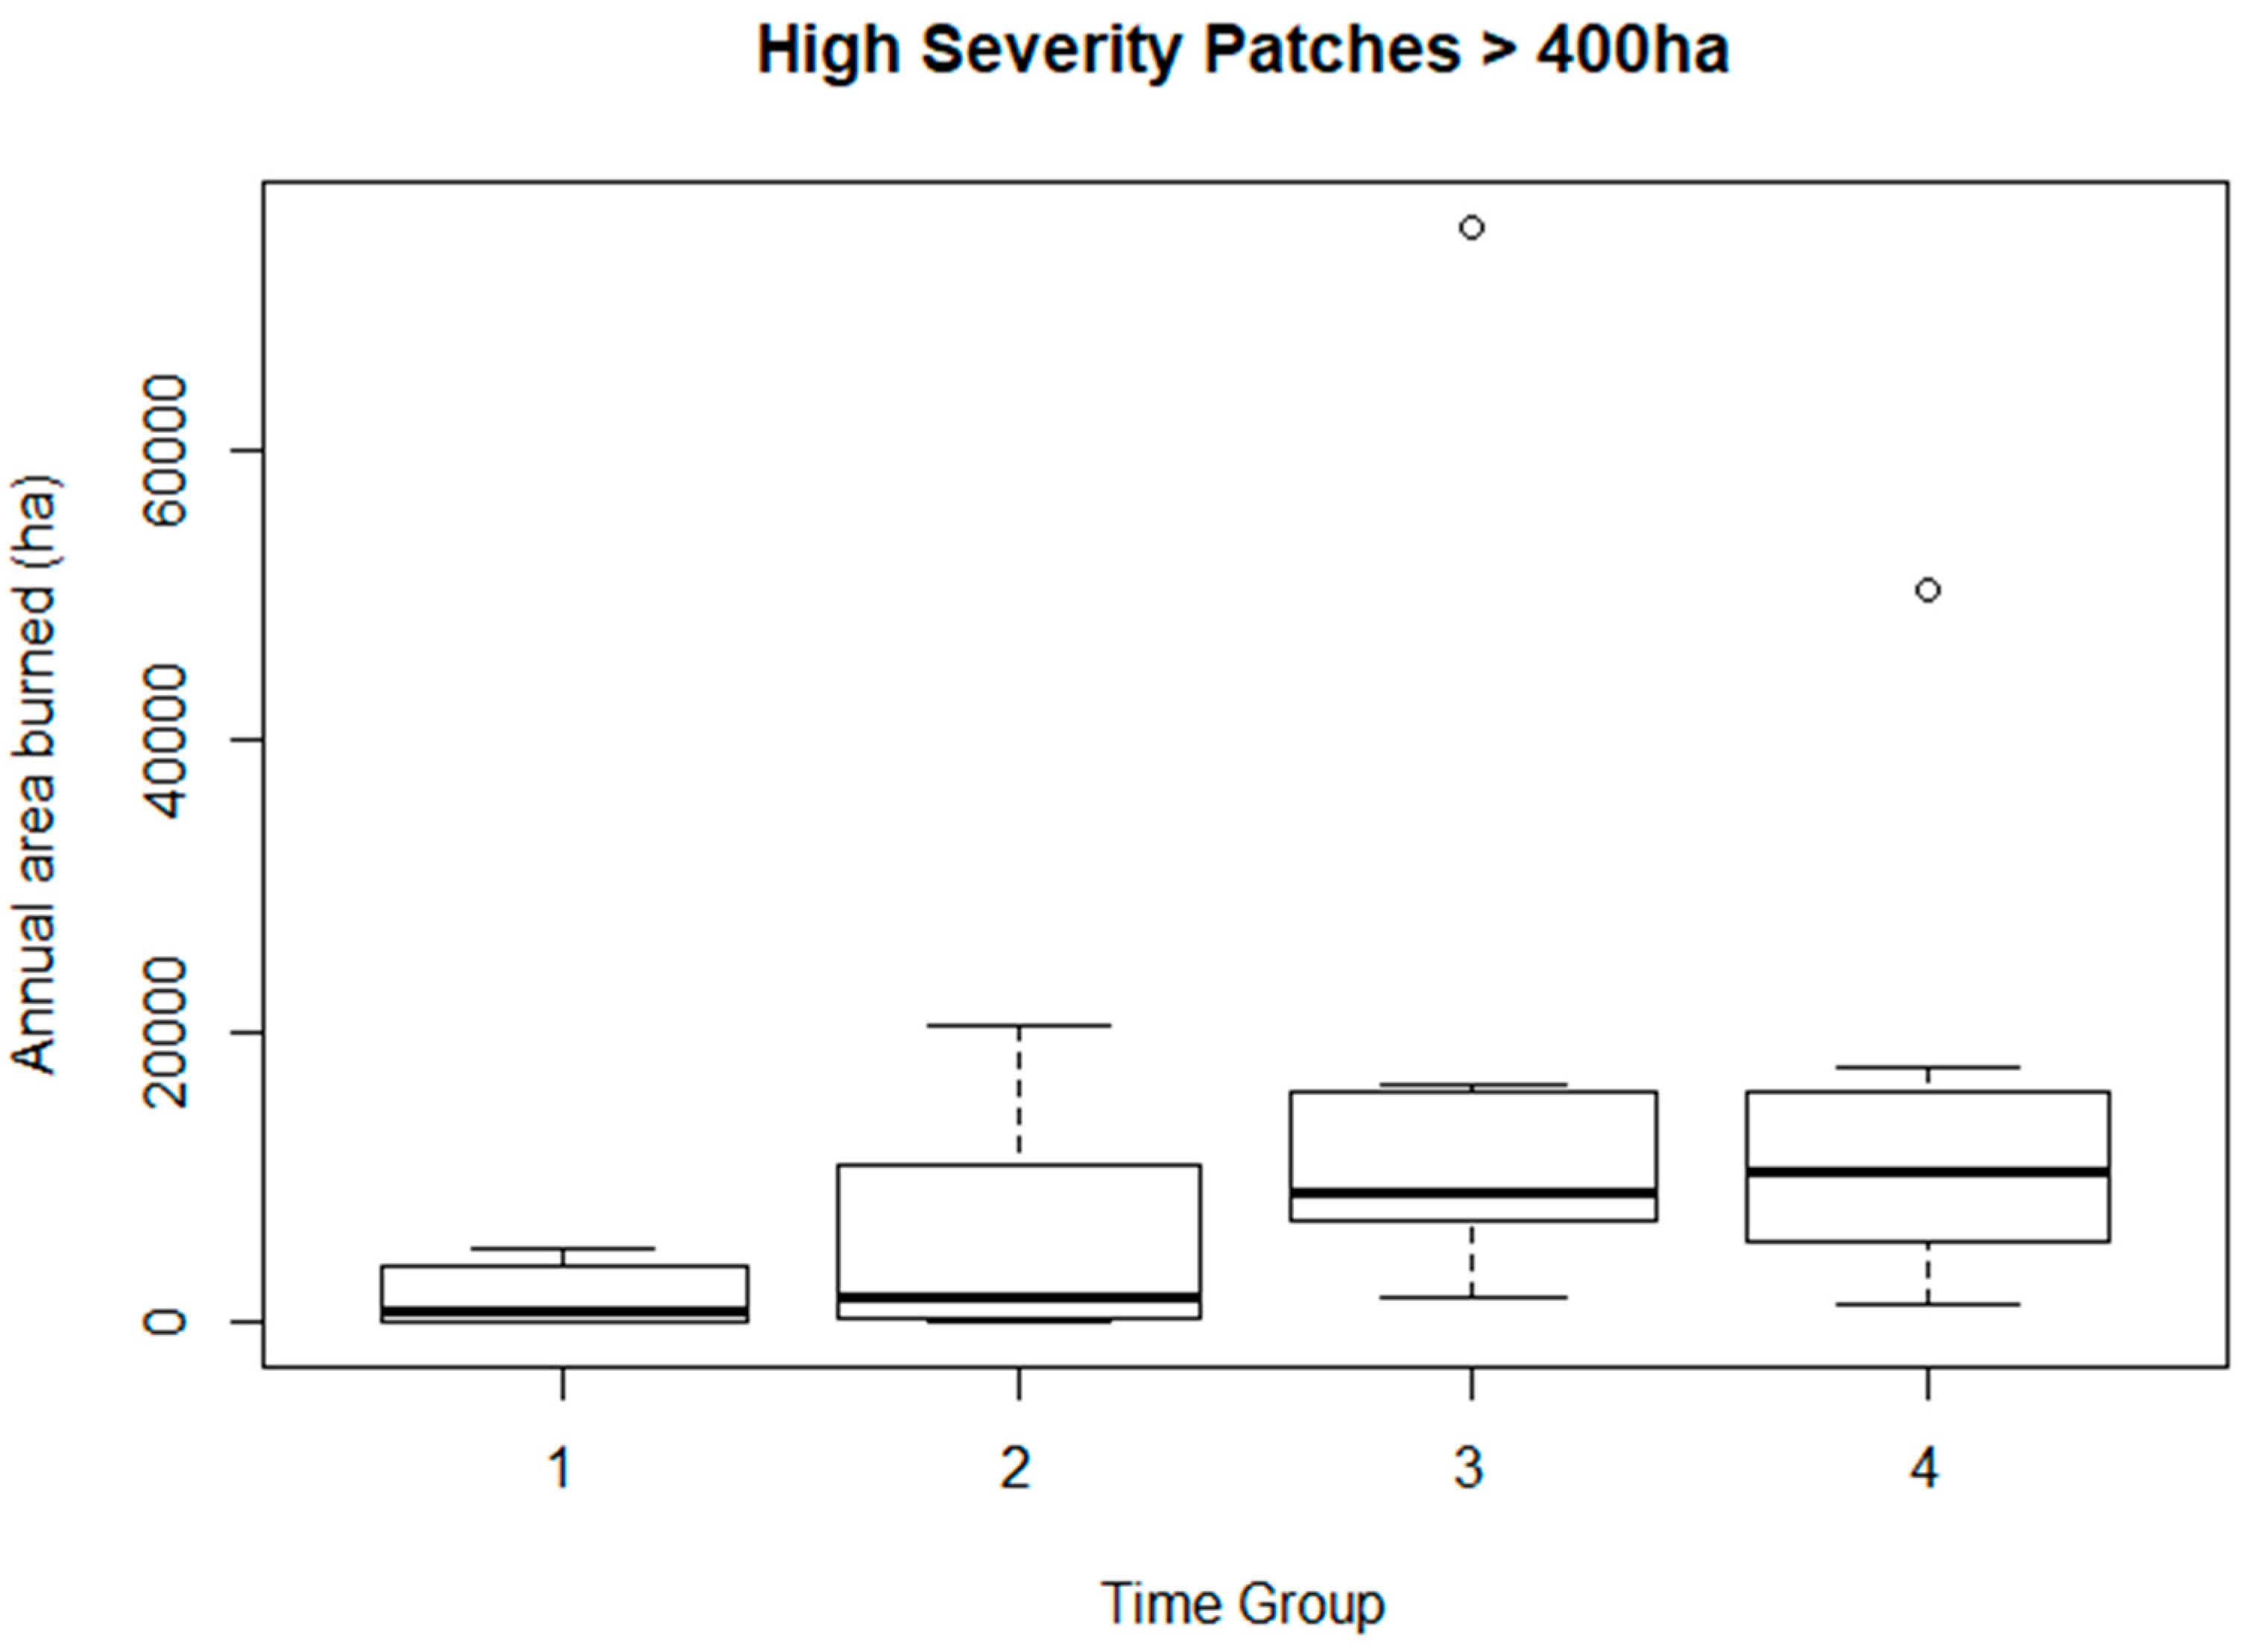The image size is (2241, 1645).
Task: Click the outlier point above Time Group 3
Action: [x=1470, y=228]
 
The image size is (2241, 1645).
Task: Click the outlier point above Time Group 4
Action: [x=1927, y=590]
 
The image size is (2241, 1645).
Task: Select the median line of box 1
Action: [x=563, y=1311]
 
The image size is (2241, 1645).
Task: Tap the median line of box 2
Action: [x=1019, y=1298]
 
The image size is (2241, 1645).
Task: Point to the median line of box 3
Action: [x=1473, y=1192]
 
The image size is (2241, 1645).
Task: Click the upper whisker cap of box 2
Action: [x=1019, y=1025]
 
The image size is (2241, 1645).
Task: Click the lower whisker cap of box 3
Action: [x=1471, y=1298]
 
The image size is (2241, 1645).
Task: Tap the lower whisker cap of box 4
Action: [x=1927, y=1304]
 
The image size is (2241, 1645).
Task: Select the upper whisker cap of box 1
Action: [x=563, y=1248]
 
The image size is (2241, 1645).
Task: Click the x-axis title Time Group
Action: [x=1242, y=1604]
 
